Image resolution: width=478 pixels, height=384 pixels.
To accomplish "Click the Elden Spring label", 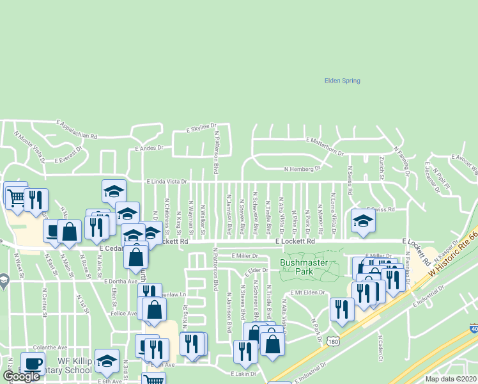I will (x=343, y=81).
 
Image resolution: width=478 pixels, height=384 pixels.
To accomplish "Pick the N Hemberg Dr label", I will (x=302, y=170).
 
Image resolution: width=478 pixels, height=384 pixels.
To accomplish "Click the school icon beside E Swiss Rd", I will (x=363, y=221).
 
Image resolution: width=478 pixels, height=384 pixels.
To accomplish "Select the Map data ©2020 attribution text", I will (x=451, y=379).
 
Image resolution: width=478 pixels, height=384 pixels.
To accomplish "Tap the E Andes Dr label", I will (x=149, y=148).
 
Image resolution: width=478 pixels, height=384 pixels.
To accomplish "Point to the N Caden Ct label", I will (x=380, y=346).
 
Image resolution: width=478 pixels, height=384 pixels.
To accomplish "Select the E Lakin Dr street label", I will (x=243, y=372).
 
